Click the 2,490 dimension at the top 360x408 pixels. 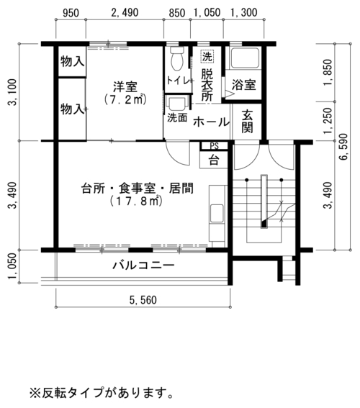click(x=125, y=12)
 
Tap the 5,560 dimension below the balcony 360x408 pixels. click(x=143, y=300)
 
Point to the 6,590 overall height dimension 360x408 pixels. click(x=343, y=147)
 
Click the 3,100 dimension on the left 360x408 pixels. click(x=12, y=92)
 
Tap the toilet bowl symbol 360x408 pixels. click(x=178, y=58)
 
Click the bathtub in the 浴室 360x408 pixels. click(x=245, y=58)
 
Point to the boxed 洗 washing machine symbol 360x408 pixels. click(x=207, y=56)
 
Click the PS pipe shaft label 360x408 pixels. click(x=215, y=146)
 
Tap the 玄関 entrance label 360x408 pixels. click(x=247, y=121)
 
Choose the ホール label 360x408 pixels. click(x=211, y=122)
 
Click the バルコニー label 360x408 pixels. click(x=143, y=266)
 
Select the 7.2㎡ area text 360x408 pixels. click(x=125, y=99)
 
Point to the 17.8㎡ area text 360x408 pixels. click(x=136, y=201)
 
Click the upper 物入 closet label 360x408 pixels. click(x=73, y=62)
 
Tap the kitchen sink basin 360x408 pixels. click(x=217, y=213)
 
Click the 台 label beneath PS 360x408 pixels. click(x=214, y=160)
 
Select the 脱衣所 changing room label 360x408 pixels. click(x=207, y=85)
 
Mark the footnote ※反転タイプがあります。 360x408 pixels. click(x=102, y=393)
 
